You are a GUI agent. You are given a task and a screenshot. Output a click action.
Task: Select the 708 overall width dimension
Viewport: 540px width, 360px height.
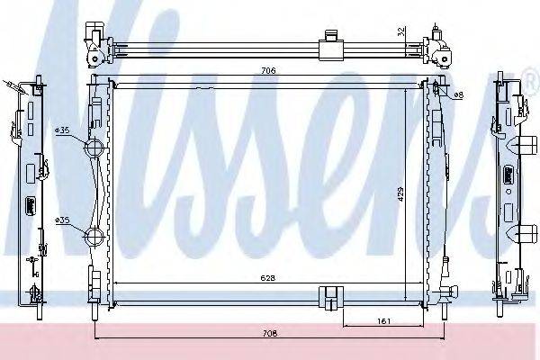[271, 333]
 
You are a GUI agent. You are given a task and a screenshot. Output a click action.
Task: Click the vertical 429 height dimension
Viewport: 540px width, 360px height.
[401, 193]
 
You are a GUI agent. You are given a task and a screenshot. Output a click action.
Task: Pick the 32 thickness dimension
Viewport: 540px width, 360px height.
[400, 34]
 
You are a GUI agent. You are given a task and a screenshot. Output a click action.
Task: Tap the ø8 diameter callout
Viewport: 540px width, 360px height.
[458, 94]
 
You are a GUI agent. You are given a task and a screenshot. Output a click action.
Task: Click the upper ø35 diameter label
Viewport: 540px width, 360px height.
[62, 130]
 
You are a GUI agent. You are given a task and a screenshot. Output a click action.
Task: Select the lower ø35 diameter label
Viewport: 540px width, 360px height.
[62, 220]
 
